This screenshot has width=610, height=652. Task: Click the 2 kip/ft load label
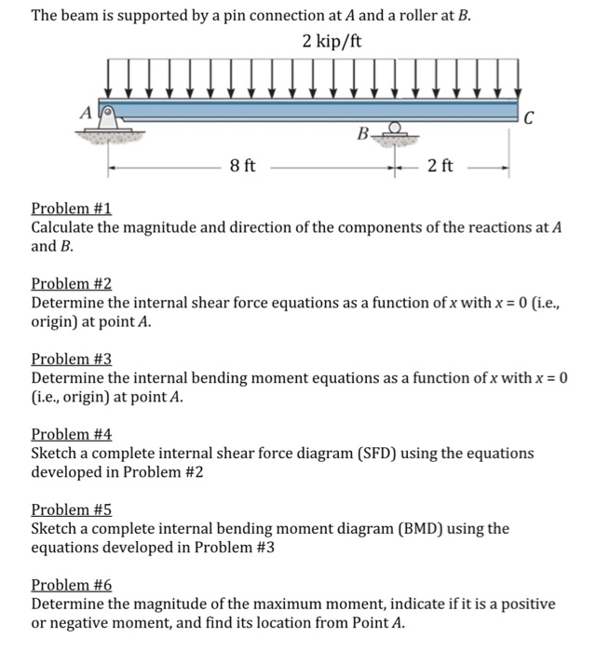click(x=332, y=42)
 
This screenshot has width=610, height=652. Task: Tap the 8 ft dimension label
click(x=243, y=166)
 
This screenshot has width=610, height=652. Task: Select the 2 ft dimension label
click(x=441, y=166)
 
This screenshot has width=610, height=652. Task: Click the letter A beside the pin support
click(x=88, y=112)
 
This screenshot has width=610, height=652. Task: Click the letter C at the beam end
click(x=530, y=117)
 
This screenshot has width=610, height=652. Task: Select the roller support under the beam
click(x=396, y=134)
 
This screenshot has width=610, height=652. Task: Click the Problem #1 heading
click(x=72, y=209)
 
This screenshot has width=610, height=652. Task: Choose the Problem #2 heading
click(x=72, y=283)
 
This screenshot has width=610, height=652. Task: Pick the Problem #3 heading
click(x=72, y=359)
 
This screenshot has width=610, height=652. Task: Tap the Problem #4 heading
click(x=72, y=434)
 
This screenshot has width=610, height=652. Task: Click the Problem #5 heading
click(x=72, y=509)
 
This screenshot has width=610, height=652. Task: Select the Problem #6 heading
click(x=72, y=585)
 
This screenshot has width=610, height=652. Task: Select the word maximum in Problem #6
click(x=285, y=604)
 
